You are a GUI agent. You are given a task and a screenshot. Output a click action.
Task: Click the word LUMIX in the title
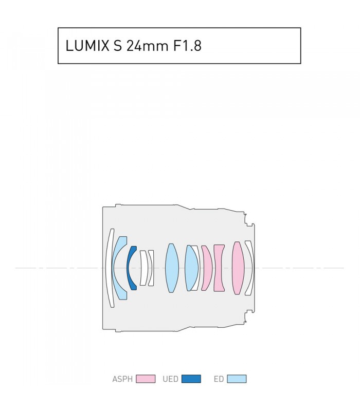[x=87, y=46]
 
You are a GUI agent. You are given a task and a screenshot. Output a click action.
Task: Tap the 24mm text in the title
[x=147, y=46]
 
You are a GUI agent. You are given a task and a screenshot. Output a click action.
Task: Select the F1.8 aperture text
[x=187, y=46]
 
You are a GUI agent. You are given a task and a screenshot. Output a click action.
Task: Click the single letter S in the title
[x=118, y=46]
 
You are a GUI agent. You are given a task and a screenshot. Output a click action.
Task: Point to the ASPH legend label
[x=122, y=379]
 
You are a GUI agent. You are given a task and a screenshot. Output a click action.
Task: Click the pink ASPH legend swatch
[x=146, y=379]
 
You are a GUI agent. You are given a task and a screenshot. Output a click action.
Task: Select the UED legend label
[x=170, y=379]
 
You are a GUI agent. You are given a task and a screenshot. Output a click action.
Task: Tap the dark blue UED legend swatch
[x=191, y=379]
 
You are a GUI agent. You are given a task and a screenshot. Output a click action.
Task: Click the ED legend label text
[x=219, y=379]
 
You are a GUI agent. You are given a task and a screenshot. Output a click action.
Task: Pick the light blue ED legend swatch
[x=237, y=379]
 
